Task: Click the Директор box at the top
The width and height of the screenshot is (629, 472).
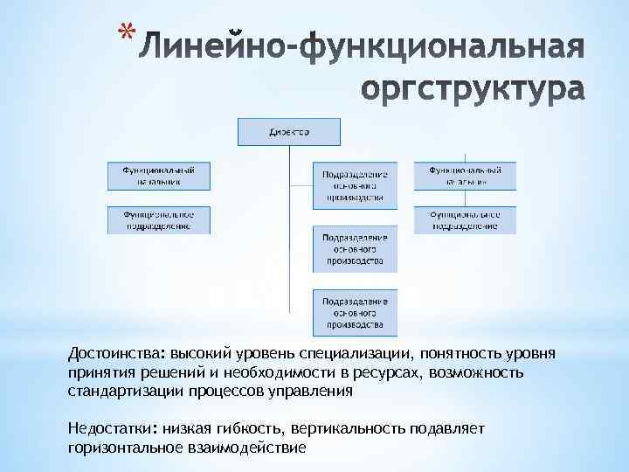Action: [x=287, y=133]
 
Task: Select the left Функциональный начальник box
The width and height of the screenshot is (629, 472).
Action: [x=159, y=175]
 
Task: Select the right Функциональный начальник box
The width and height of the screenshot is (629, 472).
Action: [x=464, y=175]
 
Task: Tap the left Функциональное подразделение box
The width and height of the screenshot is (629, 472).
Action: [x=159, y=219]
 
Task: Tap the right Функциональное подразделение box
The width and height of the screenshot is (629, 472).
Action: [x=464, y=219]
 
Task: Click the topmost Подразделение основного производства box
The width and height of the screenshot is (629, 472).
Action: [x=355, y=185]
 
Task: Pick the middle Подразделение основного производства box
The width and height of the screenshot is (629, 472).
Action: [x=355, y=248]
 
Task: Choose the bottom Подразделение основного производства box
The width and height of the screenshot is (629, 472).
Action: [x=355, y=312]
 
